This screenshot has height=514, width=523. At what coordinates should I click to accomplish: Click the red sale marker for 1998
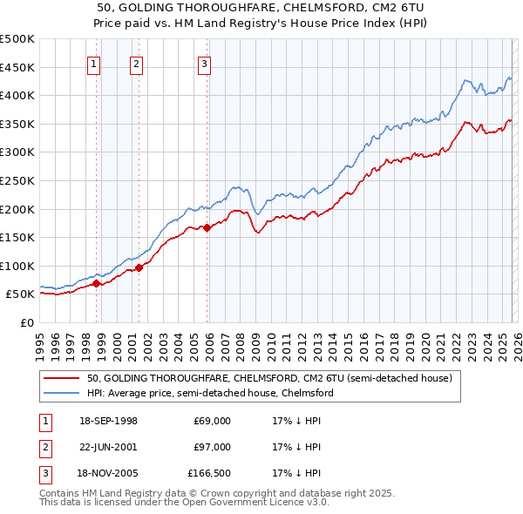[96, 283]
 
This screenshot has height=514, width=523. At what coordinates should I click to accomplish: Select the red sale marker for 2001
[139, 267]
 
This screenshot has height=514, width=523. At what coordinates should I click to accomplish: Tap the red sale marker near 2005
[207, 228]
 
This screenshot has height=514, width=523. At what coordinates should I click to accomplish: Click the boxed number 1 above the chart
[93, 63]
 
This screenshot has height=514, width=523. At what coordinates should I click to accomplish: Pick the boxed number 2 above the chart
[137, 63]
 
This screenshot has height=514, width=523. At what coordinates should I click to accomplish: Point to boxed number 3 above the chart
[204, 63]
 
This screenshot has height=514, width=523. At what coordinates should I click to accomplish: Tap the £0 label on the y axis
[26, 322]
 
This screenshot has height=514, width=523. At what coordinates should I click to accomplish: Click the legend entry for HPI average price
[210, 393]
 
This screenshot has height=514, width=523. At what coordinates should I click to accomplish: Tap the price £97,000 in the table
[212, 447]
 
